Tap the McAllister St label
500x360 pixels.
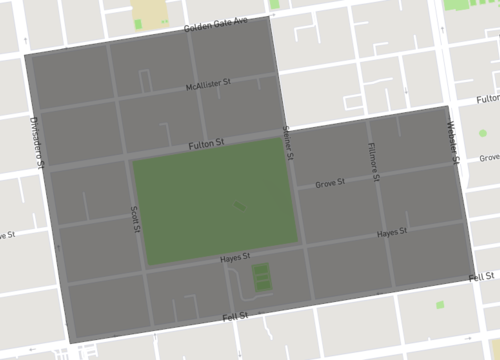208,86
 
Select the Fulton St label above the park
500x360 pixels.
207,145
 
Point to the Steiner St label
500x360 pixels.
287,143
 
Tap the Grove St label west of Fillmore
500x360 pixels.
329,184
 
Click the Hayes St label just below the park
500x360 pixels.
233,259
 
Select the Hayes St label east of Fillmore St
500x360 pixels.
392,233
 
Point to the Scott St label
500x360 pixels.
136,220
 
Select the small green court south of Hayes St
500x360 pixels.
261,278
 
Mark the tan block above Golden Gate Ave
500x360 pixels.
150,12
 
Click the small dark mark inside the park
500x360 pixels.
238,207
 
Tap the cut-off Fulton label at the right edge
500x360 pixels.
488,100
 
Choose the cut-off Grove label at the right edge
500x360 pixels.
489,158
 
